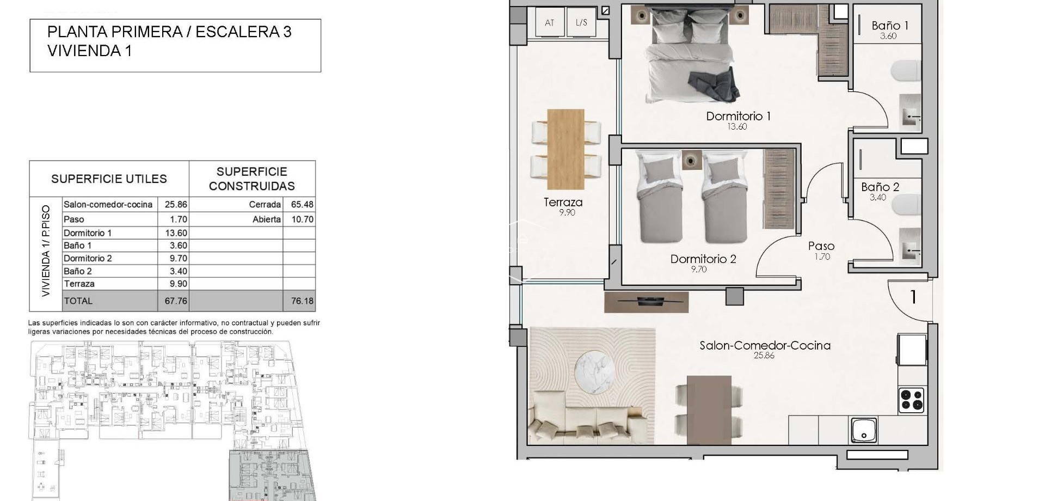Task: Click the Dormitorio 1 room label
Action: coord(738,116)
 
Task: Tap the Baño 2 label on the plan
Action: coord(880,187)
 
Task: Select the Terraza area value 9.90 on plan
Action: coord(567,212)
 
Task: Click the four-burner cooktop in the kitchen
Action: coord(911,400)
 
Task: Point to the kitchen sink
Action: coord(864,430)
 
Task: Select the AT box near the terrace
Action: coord(549,22)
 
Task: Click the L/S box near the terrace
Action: coord(581,22)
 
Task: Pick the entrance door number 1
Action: coord(913,297)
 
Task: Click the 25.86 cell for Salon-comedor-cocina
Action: coord(176,205)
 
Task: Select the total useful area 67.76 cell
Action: coord(176,301)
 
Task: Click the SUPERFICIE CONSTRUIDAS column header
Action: coord(251,179)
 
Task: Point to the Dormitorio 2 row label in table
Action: coord(88,258)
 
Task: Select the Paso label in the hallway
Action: coord(821,246)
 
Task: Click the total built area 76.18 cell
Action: coord(302,301)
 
